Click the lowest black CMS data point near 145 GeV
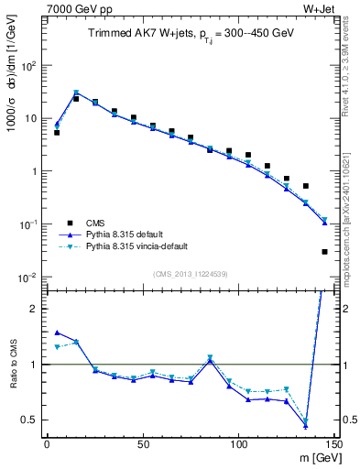(x=324, y=251)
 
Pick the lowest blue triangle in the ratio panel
(x=305, y=425)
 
